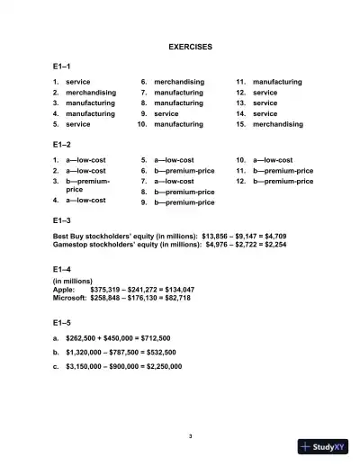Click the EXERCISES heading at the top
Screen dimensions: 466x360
point(190,46)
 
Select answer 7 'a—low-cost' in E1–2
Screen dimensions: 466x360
point(180,181)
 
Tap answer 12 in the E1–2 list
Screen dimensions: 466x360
point(283,181)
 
